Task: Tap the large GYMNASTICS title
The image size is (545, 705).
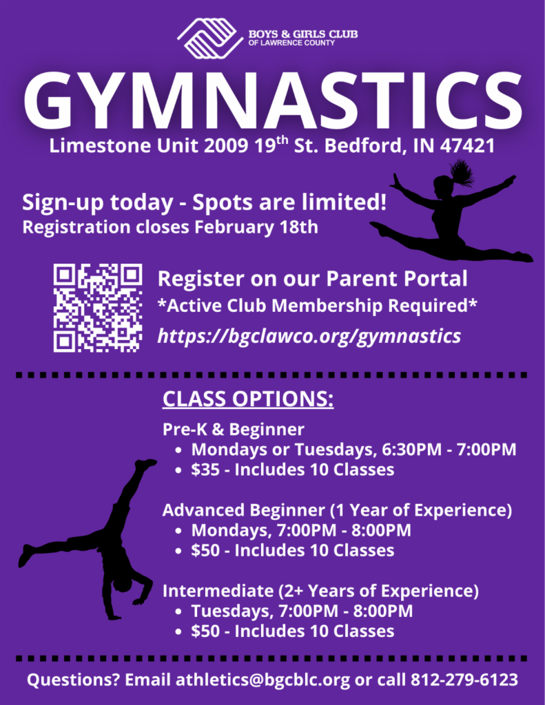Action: click(x=273, y=101)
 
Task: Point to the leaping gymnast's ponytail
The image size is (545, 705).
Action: click(x=462, y=171)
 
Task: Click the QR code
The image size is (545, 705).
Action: click(x=98, y=308)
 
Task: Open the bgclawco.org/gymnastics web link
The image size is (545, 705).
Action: click(x=309, y=336)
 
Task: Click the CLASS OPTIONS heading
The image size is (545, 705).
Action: click(x=248, y=399)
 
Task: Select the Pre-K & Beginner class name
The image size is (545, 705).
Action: click(x=233, y=430)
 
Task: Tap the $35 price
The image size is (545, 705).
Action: click(x=205, y=470)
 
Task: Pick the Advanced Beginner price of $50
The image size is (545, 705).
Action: click(x=205, y=550)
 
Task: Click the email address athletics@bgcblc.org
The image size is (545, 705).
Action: click(x=263, y=680)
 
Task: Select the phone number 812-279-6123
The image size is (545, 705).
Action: click(x=464, y=680)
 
